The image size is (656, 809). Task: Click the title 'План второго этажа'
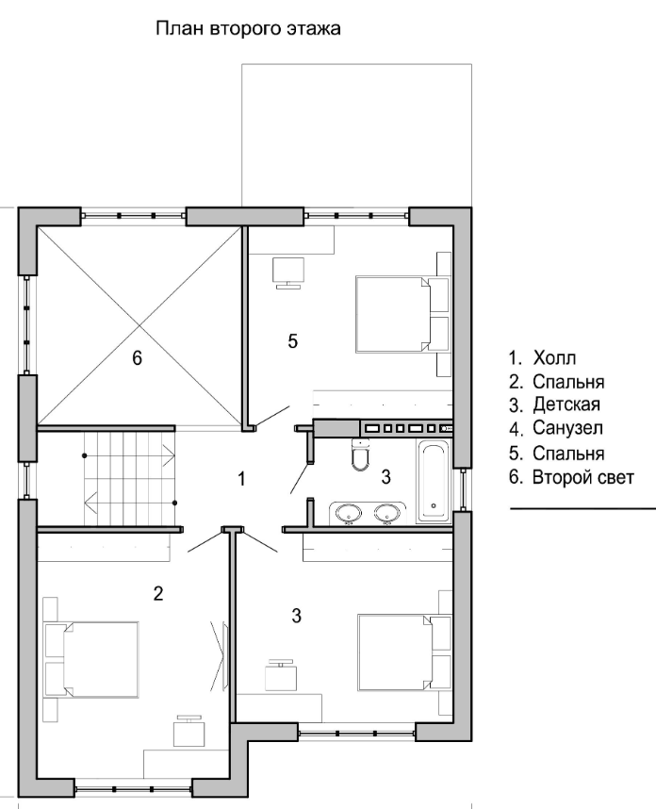248,29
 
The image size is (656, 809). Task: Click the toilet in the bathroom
360,454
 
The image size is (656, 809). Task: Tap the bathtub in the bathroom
434,481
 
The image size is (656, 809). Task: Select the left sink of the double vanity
349,513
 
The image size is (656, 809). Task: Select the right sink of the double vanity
387,513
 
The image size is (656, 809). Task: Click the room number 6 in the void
137,357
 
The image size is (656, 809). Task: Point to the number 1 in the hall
241,479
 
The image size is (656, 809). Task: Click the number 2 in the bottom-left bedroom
158,594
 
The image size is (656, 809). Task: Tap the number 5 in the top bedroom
292,341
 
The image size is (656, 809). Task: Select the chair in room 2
189,731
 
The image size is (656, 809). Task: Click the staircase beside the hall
129,478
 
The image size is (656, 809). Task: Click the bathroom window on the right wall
463,489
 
